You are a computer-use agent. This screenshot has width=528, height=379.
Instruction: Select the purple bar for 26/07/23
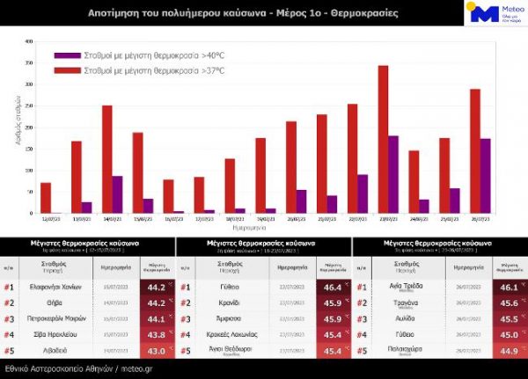[x=485, y=176]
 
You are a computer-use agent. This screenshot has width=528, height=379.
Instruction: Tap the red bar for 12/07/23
[x=46, y=198]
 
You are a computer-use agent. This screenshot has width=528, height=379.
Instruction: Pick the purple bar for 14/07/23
[x=117, y=194]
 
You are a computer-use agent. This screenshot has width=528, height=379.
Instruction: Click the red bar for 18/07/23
[x=230, y=186]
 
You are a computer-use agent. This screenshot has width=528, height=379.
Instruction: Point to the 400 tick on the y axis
[x=29, y=41]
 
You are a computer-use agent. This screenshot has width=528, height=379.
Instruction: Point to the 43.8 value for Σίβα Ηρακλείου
[x=155, y=335]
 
